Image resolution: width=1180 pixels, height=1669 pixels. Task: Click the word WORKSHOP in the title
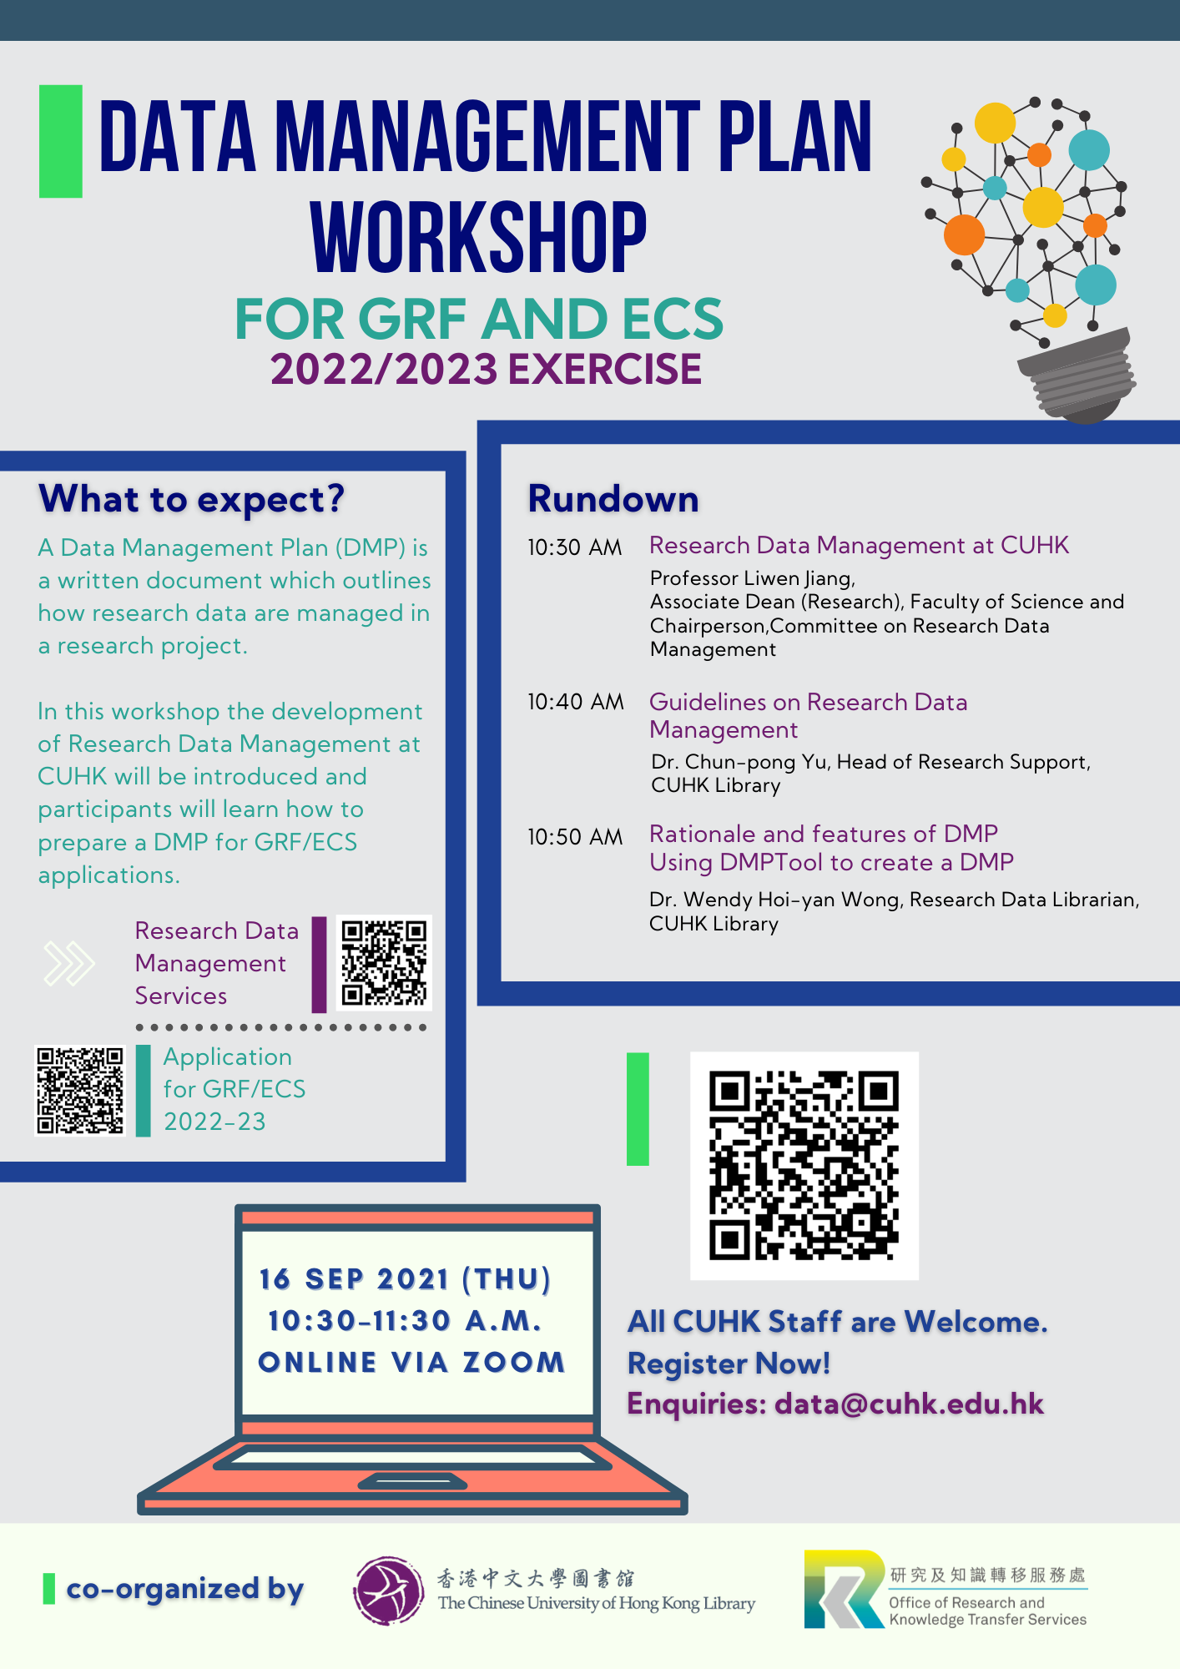coord(478,238)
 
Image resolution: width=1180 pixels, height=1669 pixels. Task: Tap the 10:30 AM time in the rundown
coord(575,547)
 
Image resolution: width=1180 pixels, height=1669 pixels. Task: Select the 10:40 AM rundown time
coord(576,702)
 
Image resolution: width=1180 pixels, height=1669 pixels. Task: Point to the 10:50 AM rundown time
coord(575,837)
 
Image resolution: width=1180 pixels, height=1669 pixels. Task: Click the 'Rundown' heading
coord(613,499)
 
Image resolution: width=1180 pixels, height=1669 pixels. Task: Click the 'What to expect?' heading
coord(191,499)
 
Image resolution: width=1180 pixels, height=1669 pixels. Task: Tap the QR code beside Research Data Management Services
coord(384,963)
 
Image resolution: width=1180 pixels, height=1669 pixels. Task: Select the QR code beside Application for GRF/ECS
coord(79,1090)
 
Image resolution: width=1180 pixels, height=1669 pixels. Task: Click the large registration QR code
coord(804,1165)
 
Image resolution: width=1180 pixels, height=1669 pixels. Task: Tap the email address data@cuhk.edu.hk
coord(909,1404)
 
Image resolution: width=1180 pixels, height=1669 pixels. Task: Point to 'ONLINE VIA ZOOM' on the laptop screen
coord(411,1362)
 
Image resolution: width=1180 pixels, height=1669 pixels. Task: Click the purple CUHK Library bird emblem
coord(388,1591)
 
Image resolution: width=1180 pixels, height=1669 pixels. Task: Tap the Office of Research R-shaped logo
coord(844,1589)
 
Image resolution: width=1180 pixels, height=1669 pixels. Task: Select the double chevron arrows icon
coord(69,963)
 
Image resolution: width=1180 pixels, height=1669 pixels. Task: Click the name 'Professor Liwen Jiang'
coord(751,578)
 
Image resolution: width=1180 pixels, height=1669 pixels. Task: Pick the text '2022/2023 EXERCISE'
coord(486,370)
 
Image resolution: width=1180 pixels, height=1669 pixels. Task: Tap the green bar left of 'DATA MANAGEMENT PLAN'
coord(61,141)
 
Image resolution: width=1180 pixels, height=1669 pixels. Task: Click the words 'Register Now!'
coord(729,1364)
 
